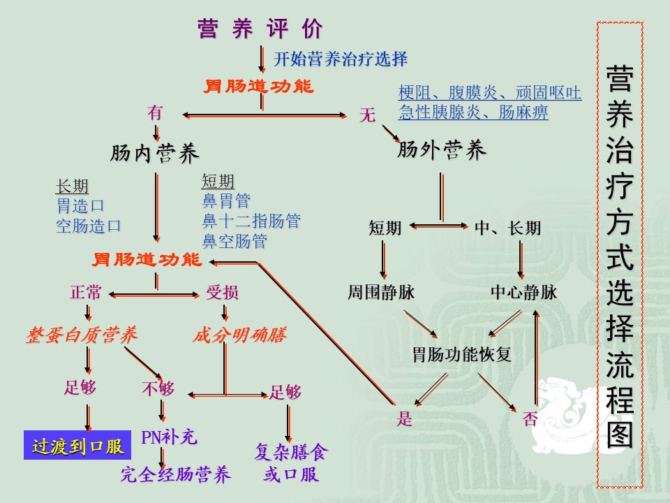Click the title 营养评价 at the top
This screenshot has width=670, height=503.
[x=261, y=29]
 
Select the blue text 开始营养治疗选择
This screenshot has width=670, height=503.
[x=340, y=59]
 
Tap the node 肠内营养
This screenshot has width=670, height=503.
[x=155, y=154]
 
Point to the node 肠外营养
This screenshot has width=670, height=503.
[x=442, y=150]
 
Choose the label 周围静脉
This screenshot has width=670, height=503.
[x=381, y=293]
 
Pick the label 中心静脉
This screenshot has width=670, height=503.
[x=523, y=293]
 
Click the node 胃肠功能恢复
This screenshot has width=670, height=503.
[x=462, y=354]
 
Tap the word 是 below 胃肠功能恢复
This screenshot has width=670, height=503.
[x=405, y=419]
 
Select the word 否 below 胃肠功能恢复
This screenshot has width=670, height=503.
[x=530, y=419]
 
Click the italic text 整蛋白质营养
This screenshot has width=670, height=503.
[x=81, y=335]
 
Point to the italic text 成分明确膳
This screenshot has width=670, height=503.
[x=239, y=335]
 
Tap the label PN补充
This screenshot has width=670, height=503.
[x=170, y=438]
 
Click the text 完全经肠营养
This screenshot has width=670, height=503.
[x=175, y=476]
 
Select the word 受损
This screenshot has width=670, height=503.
[x=222, y=293]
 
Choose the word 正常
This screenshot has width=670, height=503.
[x=86, y=293]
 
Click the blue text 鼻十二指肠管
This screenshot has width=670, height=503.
[x=251, y=221]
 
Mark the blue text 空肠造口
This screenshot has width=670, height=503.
[x=89, y=226]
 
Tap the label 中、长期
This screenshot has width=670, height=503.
[x=507, y=228]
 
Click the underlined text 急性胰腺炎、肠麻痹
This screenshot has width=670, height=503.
[x=473, y=112]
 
